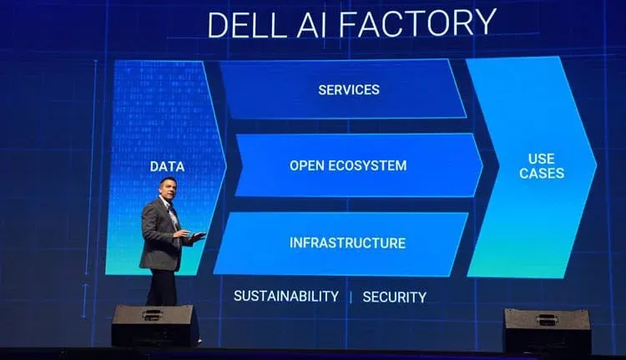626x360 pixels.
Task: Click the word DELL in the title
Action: [245, 24]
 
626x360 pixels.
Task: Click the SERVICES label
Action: [349, 89]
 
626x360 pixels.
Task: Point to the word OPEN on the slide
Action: [306, 165]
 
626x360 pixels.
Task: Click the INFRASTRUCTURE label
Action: [347, 243]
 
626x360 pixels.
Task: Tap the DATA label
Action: [167, 166]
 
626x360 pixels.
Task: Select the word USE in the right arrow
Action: [542, 158]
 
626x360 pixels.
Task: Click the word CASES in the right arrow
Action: [542, 174]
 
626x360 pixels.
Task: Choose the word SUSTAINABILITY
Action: [286, 297]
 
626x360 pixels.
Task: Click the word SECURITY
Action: [394, 297]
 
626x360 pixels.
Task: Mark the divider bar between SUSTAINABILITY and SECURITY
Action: [351, 297]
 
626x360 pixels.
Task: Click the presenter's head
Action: [166, 188]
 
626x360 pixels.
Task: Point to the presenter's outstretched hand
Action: [197, 236]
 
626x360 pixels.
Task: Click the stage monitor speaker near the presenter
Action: [154, 324]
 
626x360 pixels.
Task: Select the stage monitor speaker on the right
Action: [547, 329]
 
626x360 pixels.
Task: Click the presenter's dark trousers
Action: [161, 286]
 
